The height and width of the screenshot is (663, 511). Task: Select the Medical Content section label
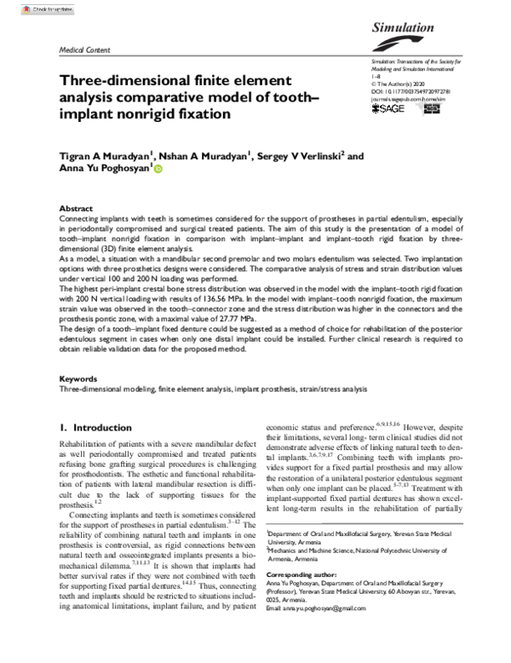(81, 50)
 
